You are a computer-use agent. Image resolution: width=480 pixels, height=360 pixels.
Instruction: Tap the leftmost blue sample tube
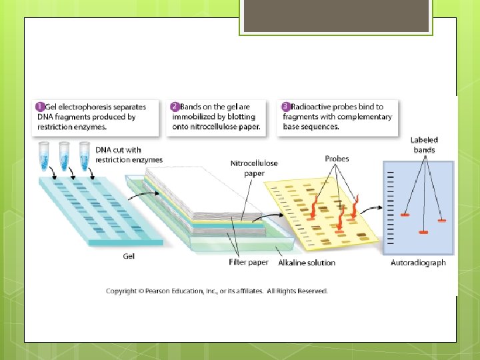coord(45,154)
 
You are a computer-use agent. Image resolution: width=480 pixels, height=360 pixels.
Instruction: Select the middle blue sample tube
coord(65,154)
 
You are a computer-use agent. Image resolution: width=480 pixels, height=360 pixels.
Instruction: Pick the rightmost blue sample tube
coord(85,154)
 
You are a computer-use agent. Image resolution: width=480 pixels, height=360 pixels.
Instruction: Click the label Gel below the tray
coord(129,256)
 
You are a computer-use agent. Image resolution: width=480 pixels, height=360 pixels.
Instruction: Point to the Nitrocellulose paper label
coord(254,168)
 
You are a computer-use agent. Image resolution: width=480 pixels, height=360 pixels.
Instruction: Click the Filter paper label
coord(249,263)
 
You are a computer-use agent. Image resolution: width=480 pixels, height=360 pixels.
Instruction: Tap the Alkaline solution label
coord(307,263)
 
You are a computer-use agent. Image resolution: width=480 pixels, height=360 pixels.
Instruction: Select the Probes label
coord(337,159)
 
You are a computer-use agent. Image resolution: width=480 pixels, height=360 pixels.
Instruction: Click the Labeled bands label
coord(424,145)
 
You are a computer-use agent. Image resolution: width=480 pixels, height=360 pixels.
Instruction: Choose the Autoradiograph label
coord(418,263)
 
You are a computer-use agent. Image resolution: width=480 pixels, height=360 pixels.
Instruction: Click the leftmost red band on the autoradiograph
coord(405,215)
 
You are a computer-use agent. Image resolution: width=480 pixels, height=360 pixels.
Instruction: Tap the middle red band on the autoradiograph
coord(423,232)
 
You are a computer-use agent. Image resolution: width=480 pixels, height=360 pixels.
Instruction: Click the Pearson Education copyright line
coord(217,291)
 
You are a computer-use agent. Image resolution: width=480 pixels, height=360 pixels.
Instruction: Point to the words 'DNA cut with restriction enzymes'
coord(129,155)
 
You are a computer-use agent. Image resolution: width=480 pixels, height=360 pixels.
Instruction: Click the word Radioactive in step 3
coord(313,107)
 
